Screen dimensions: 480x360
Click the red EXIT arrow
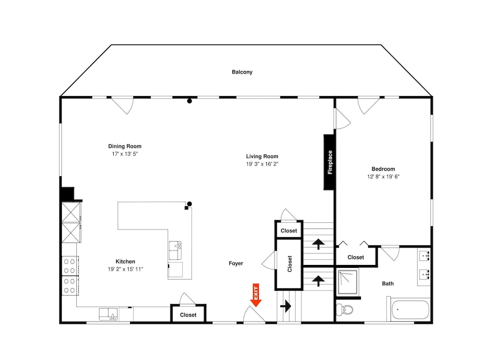coord(256,295)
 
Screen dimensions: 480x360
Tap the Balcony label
coord(242,72)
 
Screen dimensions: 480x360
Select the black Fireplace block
coord(329,162)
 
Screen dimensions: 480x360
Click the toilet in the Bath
coord(344,310)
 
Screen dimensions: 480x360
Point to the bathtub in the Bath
coord(410,310)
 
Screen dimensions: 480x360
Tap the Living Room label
coord(262,156)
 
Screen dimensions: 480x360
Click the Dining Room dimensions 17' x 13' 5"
coord(125,154)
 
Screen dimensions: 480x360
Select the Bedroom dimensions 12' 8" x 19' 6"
coord(383,177)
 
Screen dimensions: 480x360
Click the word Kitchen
coord(125,262)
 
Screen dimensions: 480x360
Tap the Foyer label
coord(236,264)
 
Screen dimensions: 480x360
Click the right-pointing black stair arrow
coord(286,306)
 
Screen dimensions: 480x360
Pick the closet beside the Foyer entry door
coord(188,313)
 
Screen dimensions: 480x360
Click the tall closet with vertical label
coord(289,264)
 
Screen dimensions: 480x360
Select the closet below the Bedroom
coord(356,256)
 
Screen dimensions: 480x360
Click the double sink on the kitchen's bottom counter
coord(108,314)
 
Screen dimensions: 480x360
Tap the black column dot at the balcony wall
coord(190,101)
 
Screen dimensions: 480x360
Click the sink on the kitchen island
coord(175,251)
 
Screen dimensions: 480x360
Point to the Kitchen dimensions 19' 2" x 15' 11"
coord(125,269)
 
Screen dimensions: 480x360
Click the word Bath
coord(387,284)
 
